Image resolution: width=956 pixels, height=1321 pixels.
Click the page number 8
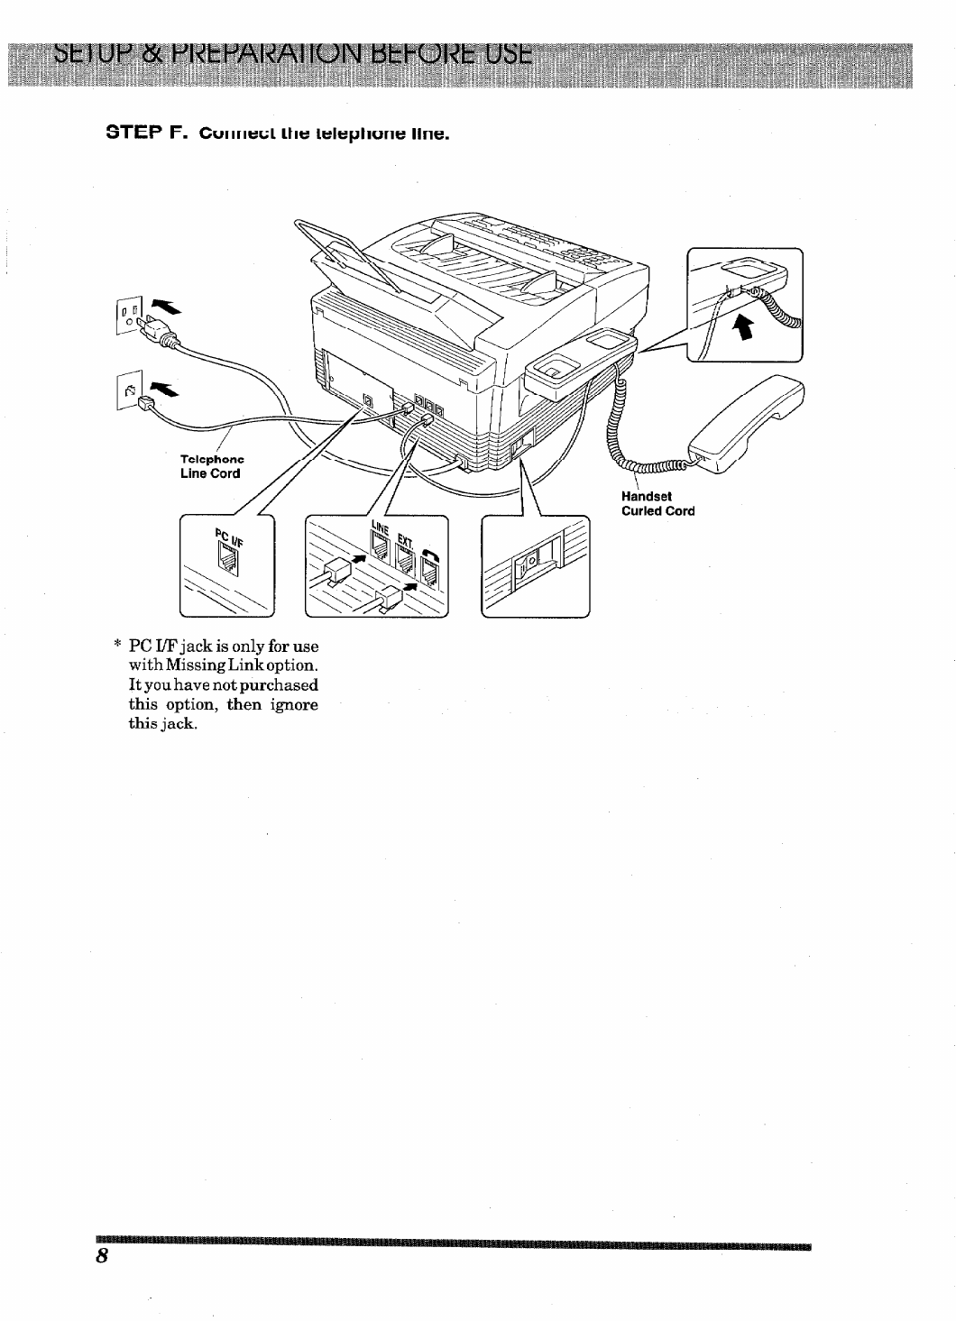pyautogui.click(x=103, y=1258)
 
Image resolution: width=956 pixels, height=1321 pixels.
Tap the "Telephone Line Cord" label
pyautogui.click(x=211, y=465)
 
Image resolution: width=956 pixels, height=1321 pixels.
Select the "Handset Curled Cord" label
pyautogui.click(x=657, y=503)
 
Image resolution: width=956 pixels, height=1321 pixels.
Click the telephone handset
pyautogui.click(x=746, y=424)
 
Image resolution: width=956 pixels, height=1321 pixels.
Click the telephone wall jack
pyautogui.click(x=128, y=390)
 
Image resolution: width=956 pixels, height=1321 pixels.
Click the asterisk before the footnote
pyautogui.click(x=117, y=646)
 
